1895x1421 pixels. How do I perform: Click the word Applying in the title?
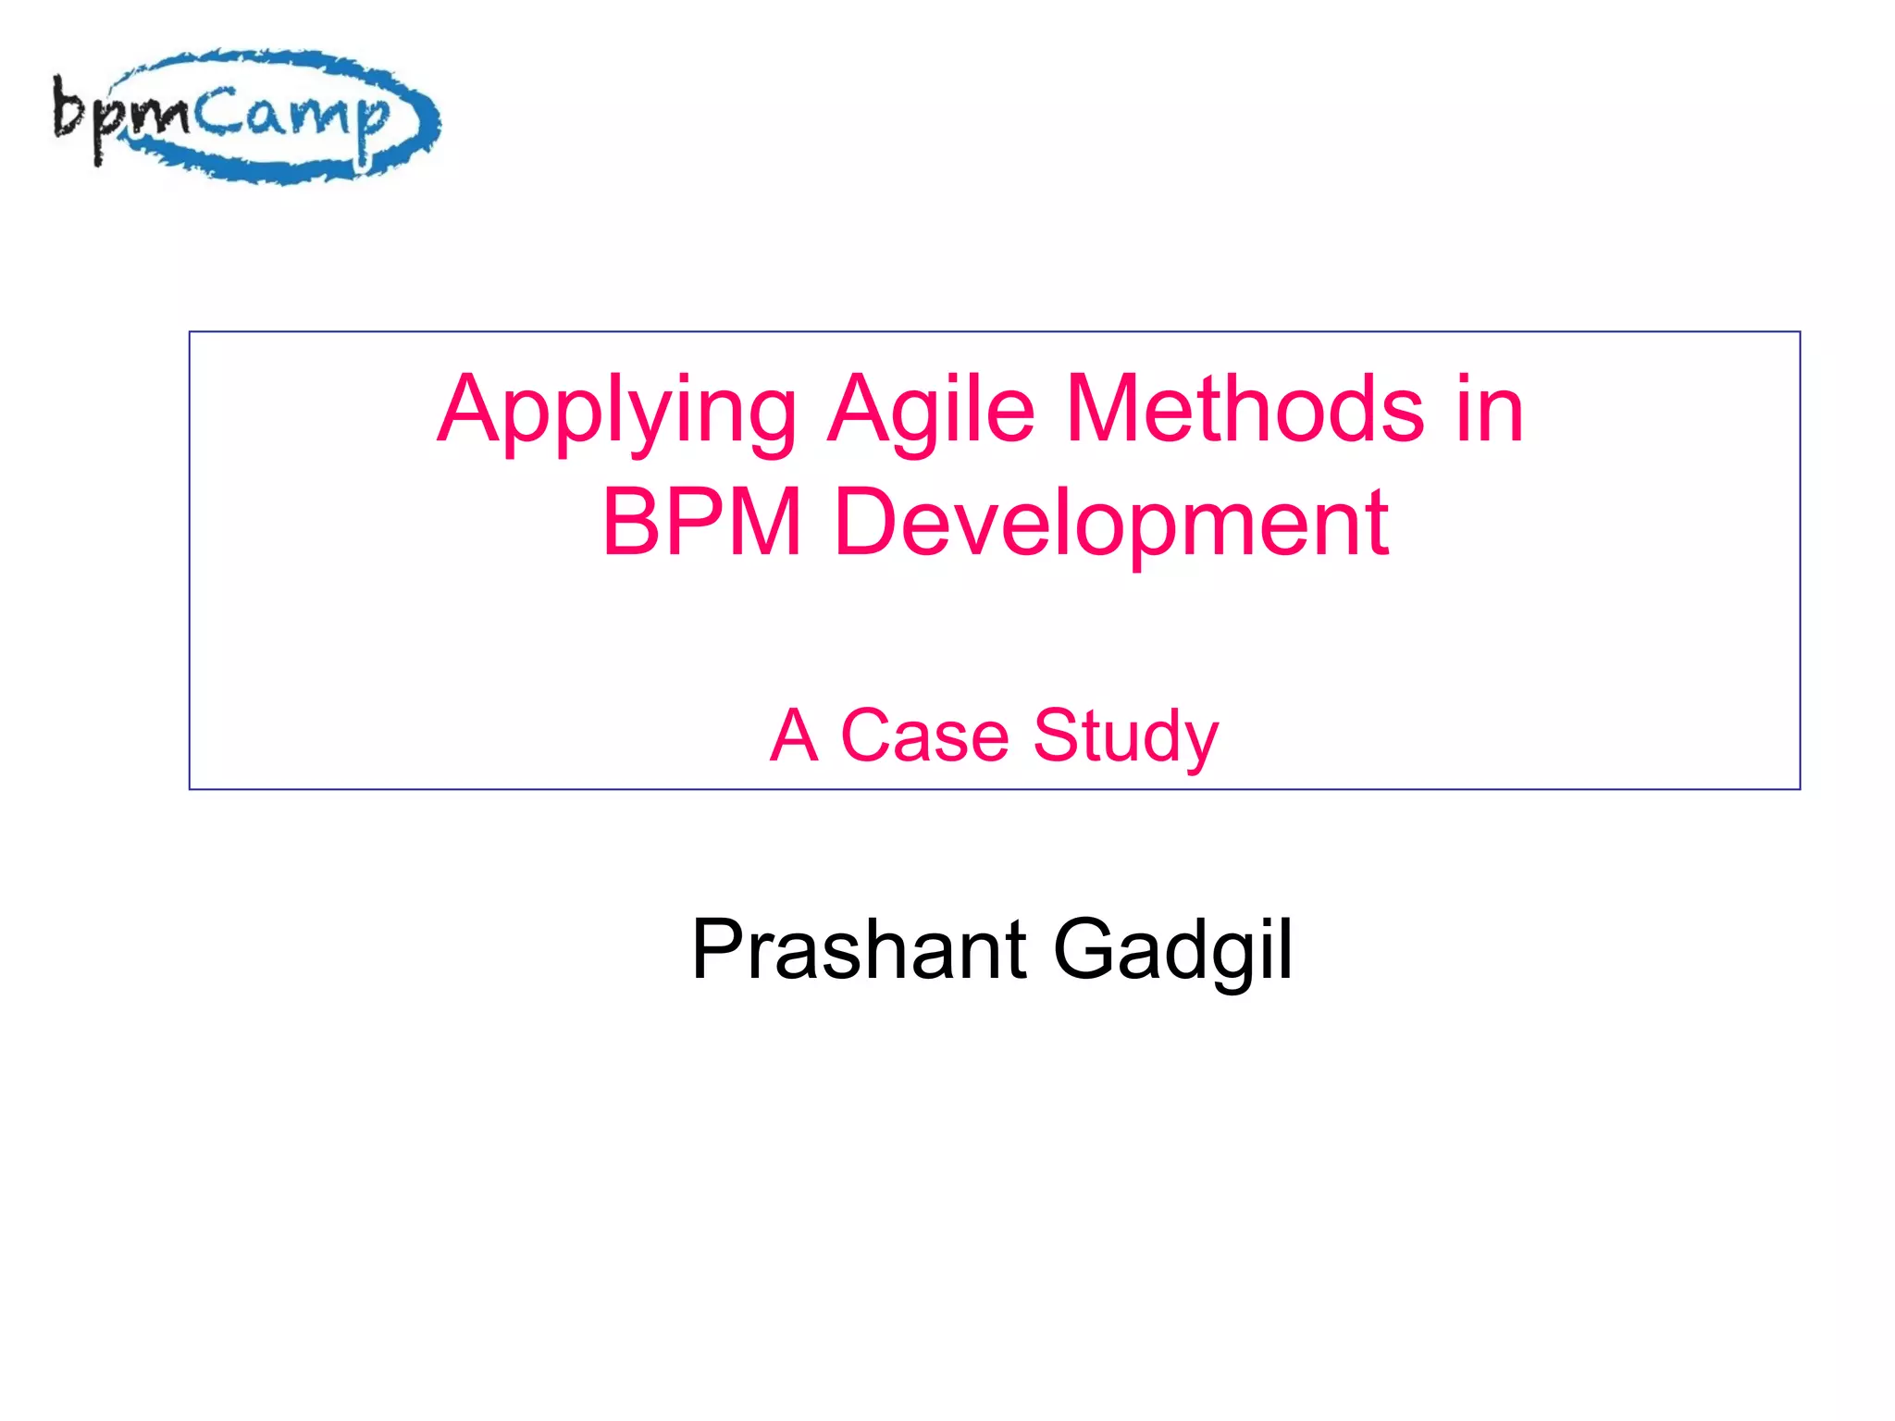point(616,412)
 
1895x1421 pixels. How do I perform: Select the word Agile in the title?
point(931,412)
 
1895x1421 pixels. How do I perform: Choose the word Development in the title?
point(1111,525)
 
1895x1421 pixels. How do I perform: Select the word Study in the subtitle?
point(1126,738)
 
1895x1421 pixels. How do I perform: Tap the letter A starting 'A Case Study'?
point(794,736)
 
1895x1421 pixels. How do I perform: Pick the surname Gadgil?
point(1173,951)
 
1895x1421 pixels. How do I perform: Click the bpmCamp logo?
point(246,117)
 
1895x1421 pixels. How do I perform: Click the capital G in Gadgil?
point(1083,949)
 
